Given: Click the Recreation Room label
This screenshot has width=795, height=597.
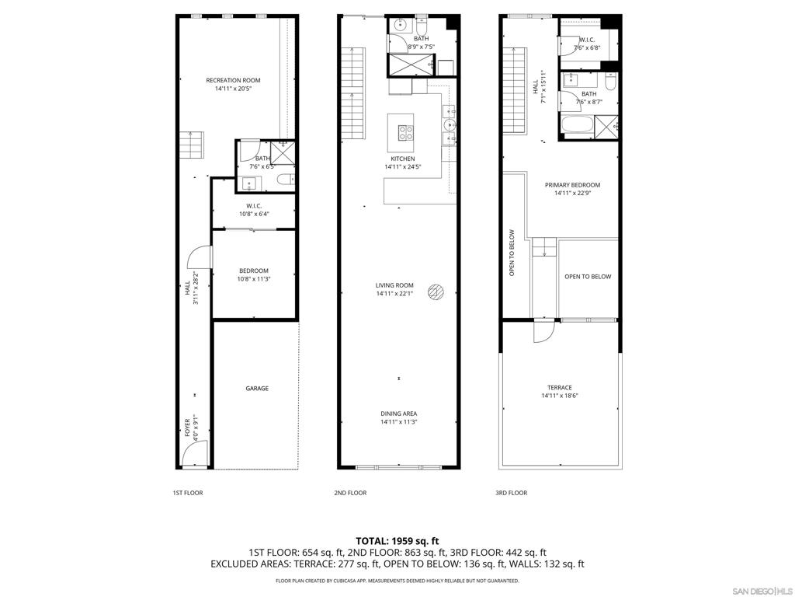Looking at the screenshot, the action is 233,80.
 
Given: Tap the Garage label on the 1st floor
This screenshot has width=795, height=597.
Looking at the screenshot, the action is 257,389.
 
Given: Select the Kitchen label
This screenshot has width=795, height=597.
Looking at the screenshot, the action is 403,159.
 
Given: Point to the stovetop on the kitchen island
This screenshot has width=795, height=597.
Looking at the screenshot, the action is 405,132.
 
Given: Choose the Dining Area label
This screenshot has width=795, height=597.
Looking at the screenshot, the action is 398,414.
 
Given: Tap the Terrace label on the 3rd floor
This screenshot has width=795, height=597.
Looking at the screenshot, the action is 560,387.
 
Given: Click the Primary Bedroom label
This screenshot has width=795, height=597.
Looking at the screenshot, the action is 572,185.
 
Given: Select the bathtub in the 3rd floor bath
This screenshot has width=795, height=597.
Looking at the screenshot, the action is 577,126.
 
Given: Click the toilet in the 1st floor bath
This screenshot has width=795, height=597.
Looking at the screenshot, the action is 286,180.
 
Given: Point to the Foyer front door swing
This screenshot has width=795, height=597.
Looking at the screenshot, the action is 195,453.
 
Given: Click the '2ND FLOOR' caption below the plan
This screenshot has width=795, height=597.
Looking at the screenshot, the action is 350,493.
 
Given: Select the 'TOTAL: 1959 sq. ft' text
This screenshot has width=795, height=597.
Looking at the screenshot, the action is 397,541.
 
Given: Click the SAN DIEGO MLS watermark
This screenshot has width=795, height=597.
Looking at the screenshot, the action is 764,591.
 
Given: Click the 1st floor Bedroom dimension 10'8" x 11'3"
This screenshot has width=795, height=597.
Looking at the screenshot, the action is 254,279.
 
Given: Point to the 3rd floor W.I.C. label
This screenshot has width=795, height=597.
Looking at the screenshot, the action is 587,40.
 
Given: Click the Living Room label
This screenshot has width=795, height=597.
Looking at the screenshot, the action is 394,285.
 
